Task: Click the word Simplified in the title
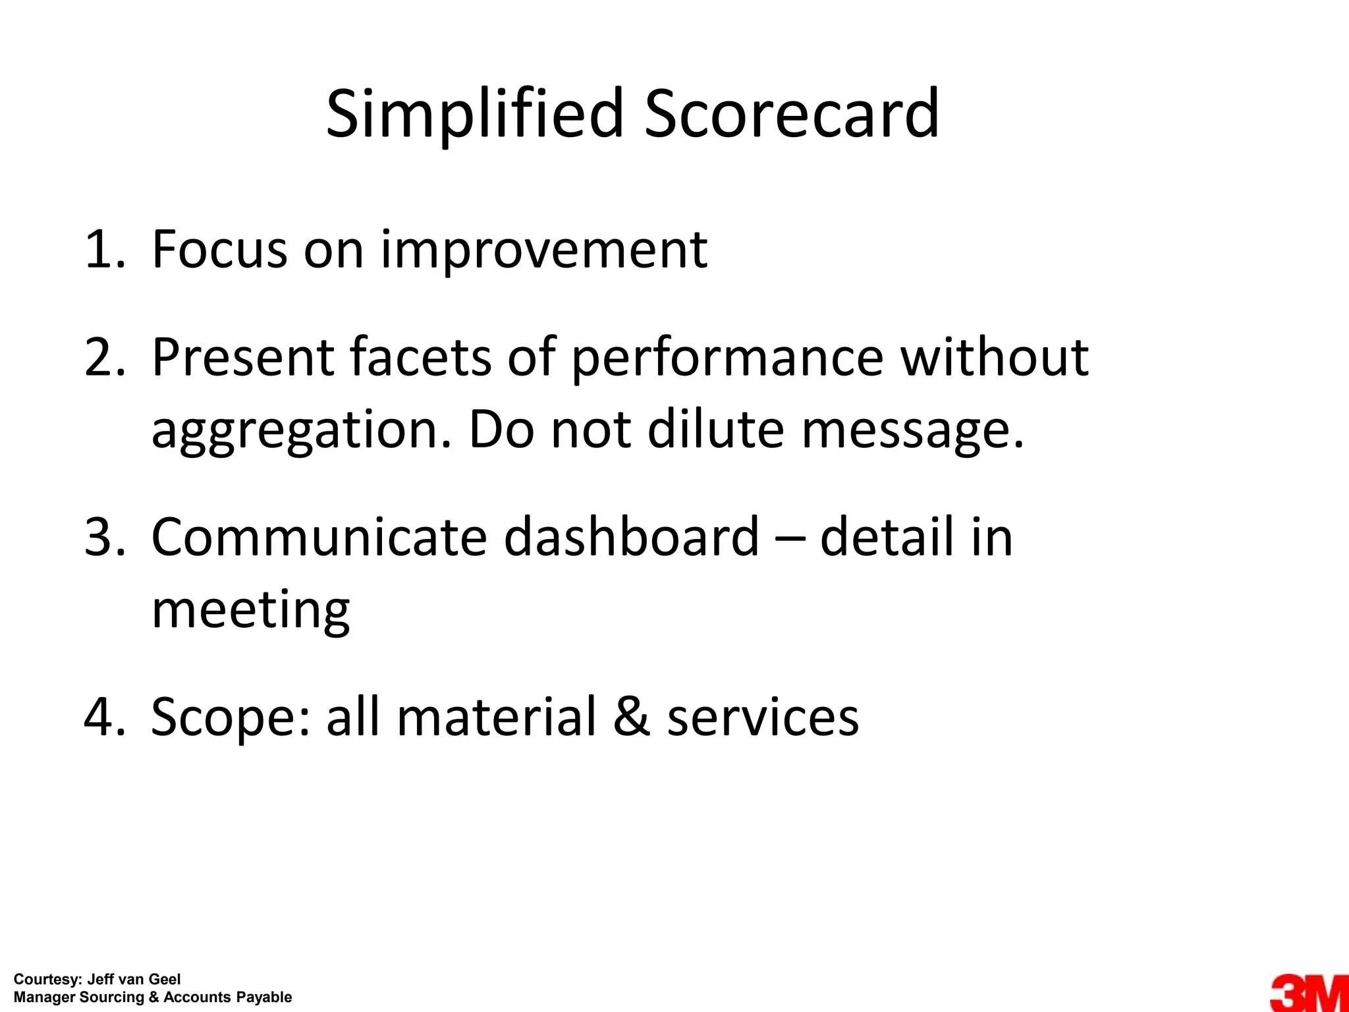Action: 474,115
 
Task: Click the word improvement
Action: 544,251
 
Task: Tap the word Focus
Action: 219,250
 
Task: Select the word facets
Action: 420,357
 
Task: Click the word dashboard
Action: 632,537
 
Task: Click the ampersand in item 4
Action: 631,717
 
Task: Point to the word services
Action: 763,717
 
